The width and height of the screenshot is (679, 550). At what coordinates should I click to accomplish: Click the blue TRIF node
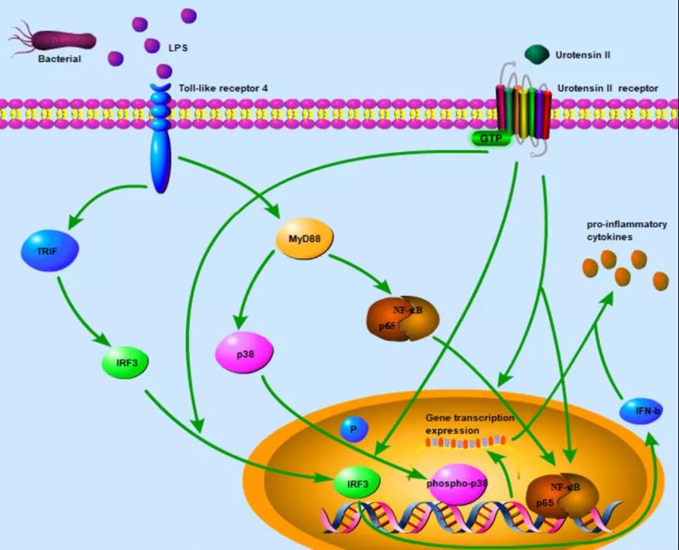tap(48, 253)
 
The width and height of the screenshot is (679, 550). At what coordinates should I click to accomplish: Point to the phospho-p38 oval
tap(457, 483)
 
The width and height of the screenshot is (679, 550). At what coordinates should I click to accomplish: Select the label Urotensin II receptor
tap(608, 88)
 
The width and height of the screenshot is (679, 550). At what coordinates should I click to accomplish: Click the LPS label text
tap(178, 48)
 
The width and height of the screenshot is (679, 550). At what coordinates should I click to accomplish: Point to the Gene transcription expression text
tap(469, 424)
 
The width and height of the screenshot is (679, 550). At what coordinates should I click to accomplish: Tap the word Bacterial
tap(59, 59)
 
